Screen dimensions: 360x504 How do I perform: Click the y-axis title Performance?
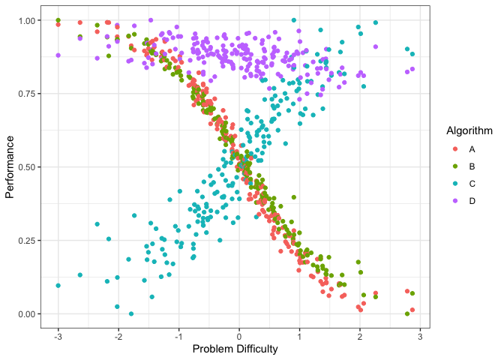coord(10,166)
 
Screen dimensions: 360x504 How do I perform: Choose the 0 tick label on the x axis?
coord(239,335)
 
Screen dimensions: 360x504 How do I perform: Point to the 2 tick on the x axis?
coord(360,335)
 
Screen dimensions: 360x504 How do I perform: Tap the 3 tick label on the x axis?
coord(420,335)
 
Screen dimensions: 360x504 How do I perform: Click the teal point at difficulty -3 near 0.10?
coord(58,286)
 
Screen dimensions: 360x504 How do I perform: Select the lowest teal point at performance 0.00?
coord(131,313)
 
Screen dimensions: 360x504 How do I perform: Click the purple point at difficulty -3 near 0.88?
coord(58,55)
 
